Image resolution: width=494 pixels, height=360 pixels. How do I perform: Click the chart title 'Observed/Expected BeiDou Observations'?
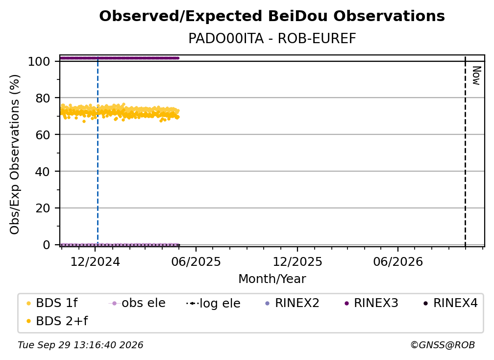[272, 16]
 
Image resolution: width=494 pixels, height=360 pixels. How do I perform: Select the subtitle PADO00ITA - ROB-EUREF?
[272, 38]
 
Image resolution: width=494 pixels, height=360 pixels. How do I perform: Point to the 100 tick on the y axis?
[39, 61]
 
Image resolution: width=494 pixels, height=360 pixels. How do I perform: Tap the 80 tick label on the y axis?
[43, 99]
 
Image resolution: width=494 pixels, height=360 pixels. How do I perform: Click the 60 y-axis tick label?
[43, 135]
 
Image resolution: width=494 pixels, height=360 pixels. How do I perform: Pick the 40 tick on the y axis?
[43, 172]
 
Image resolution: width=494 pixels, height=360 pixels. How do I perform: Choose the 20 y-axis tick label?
[43, 208]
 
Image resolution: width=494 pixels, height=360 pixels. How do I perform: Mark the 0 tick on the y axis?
[47, 245]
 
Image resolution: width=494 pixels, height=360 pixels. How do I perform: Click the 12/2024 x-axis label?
[95, 262]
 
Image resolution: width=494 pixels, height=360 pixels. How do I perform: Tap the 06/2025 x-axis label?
[196, 262]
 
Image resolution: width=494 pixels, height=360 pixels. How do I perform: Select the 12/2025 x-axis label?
[297, 262]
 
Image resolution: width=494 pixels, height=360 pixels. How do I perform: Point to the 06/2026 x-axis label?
[398, 262]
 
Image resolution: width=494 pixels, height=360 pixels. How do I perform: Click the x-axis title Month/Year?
[272, 279]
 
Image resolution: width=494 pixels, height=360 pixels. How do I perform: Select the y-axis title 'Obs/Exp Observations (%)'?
[15, 154]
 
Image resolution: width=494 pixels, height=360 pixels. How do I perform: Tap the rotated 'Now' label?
[476, 76]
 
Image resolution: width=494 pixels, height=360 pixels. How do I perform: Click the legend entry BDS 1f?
[52, 303]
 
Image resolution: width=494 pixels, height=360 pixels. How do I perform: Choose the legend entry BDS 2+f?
[57, 321]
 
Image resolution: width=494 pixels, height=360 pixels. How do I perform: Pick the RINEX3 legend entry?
[371, 303]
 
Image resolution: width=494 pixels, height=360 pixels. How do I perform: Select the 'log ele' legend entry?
[213, 304]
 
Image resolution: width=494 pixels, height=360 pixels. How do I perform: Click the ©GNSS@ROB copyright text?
[443, 345]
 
